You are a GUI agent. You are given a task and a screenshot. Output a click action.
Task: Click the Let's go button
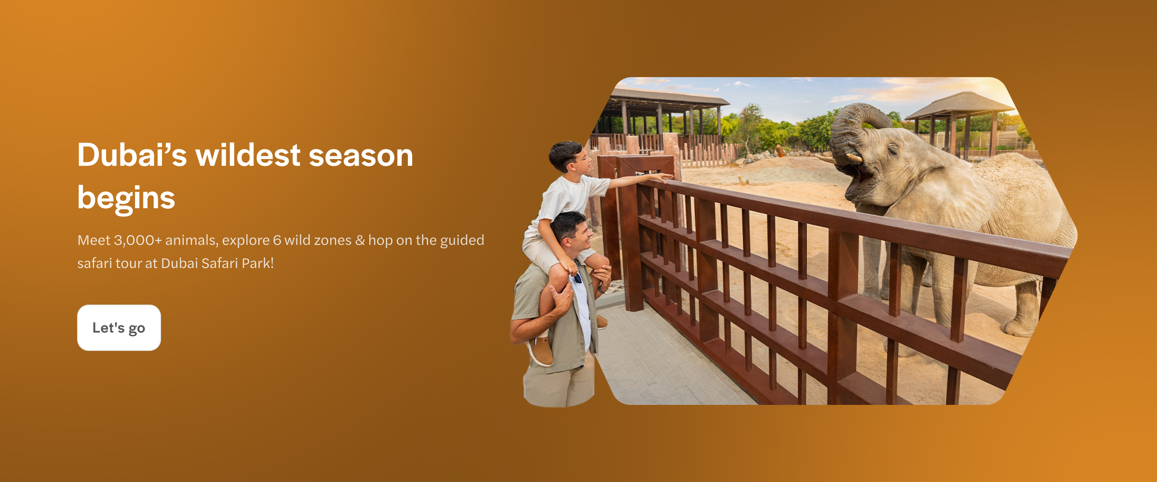119,328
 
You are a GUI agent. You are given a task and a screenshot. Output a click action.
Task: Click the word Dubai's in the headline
132,155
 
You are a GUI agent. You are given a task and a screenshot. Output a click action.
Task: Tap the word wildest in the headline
248,155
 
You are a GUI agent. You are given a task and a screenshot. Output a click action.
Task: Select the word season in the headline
361,155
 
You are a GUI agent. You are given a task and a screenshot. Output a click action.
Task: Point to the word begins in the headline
126,198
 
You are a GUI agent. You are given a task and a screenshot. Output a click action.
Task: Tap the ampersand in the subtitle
360,240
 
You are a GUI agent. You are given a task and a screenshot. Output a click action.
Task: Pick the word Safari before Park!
219,263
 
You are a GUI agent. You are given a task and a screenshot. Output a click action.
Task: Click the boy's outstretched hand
666,177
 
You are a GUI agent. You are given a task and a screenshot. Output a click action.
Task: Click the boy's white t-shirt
569,198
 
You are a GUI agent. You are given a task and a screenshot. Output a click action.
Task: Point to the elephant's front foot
1020,328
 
